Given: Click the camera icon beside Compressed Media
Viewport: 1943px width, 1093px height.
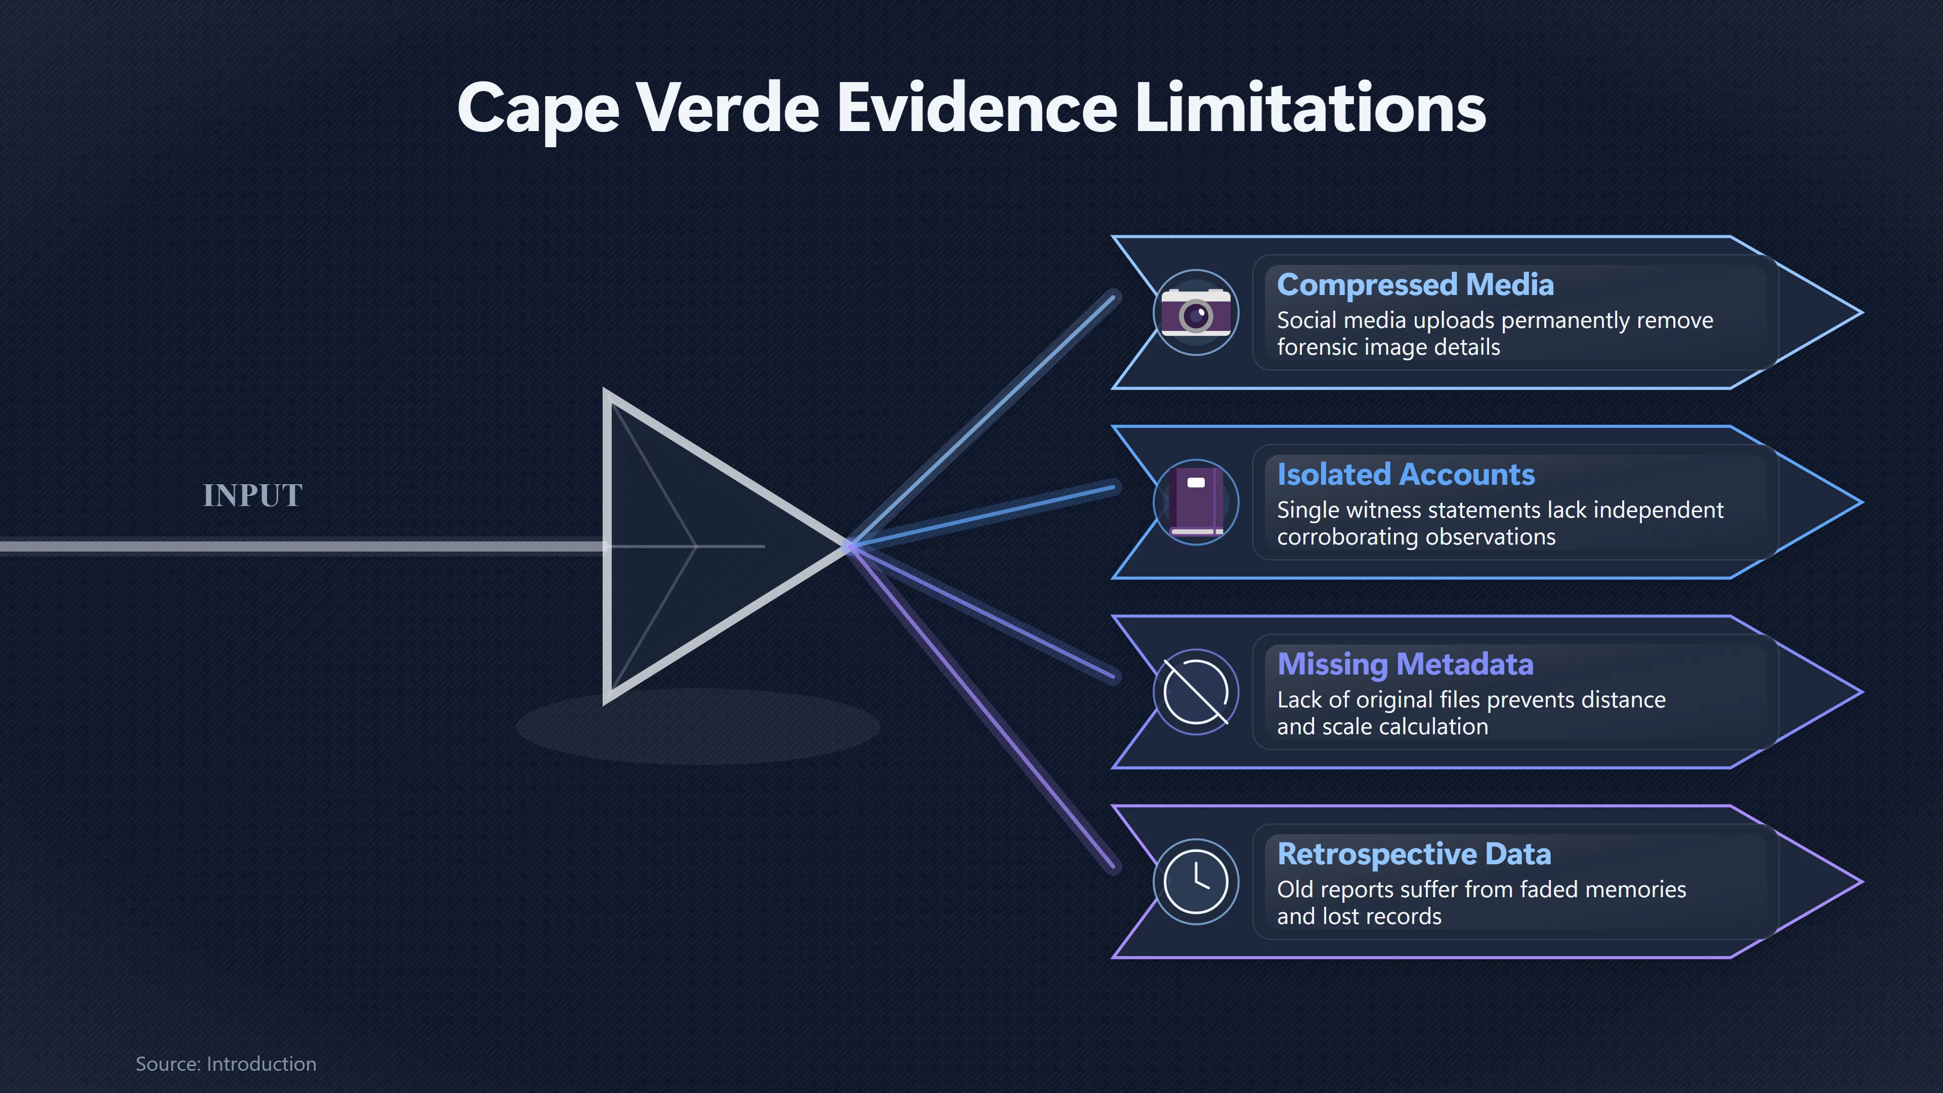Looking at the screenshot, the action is click(1196, 312).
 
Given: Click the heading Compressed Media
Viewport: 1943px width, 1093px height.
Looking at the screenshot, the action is click(1415, 285).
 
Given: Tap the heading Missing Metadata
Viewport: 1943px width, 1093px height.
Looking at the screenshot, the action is click(1405, 664).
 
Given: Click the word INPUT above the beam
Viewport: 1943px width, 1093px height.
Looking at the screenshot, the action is click(252, 495).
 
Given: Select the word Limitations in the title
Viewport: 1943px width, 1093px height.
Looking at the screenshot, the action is click(1310, 108).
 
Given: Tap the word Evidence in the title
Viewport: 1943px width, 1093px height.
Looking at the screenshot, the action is click(977, 108).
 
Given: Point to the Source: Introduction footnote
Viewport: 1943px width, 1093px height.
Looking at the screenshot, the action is click(226, 1064).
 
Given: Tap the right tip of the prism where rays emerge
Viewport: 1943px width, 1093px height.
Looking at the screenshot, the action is click(848, 546).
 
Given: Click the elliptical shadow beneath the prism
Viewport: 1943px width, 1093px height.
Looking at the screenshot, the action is click(698, 727).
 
